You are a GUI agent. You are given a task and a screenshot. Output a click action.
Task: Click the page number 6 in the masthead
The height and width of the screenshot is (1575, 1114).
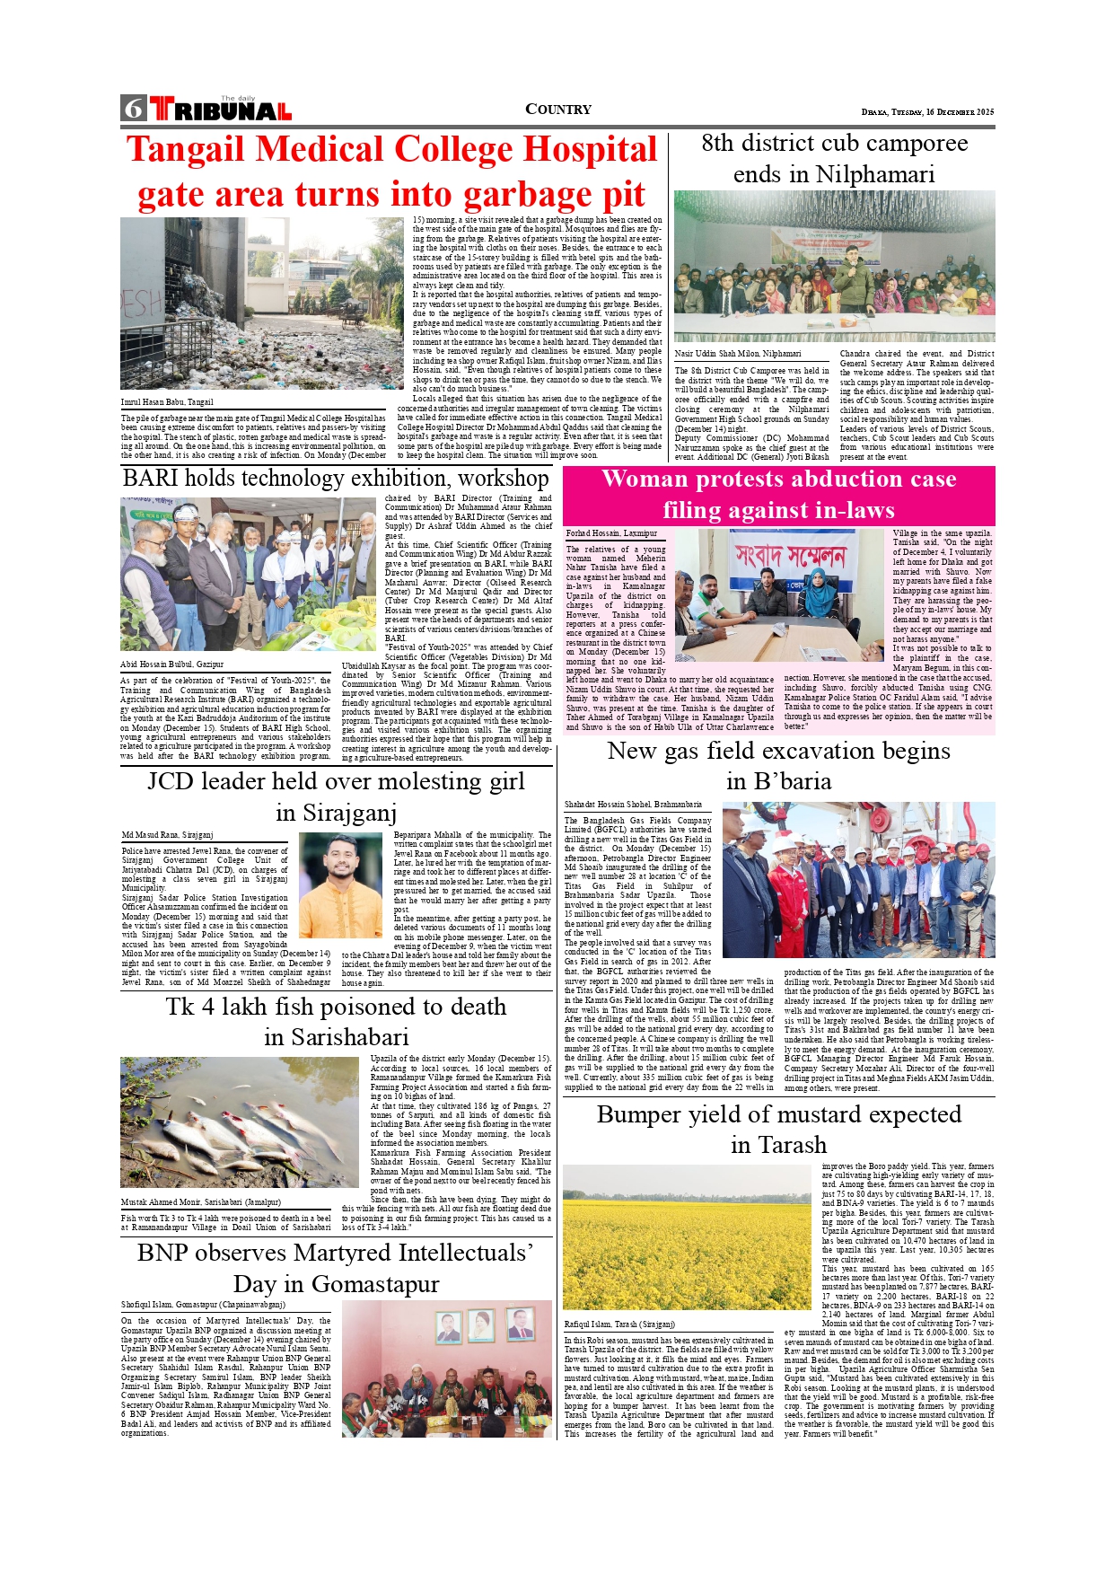point(134,109)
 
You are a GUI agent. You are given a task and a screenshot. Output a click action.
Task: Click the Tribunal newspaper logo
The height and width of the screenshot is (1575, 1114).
point(221,110)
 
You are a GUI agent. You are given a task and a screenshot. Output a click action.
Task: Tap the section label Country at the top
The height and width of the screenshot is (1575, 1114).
point(557,110)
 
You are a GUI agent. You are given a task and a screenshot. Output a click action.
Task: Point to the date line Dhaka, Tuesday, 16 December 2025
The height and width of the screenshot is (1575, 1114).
point(927,112)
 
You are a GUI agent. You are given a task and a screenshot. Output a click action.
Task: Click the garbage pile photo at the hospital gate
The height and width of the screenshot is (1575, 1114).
point(261,303)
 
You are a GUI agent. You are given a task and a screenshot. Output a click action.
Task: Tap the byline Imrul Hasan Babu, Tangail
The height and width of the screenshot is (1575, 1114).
point(167,402)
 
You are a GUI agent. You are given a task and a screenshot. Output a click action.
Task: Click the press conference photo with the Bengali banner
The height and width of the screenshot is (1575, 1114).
point(778,594)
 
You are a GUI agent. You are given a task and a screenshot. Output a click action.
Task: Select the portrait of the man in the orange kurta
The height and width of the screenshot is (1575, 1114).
point(340,884)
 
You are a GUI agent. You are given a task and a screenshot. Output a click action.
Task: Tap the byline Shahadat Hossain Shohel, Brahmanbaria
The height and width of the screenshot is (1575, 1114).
point(633,805)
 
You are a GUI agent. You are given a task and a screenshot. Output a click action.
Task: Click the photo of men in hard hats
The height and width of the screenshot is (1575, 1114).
point(858,880)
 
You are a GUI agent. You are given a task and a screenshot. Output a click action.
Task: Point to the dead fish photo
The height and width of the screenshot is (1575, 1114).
point(240,1122)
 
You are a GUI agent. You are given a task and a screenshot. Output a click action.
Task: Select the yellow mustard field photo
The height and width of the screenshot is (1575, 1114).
point(687,1237)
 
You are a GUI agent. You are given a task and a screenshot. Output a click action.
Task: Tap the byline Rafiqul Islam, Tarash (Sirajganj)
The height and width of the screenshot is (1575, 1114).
point(618,1324)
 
